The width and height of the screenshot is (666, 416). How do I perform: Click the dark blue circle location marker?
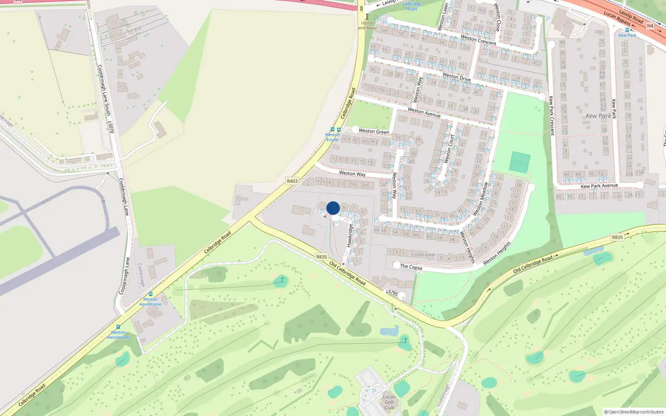333,208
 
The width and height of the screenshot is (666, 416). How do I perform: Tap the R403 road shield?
292,181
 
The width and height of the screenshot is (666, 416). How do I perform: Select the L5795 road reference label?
392,293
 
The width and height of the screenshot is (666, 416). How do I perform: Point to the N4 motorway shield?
650,26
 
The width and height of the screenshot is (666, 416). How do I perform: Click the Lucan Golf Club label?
389,402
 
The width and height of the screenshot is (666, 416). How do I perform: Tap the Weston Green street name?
374,131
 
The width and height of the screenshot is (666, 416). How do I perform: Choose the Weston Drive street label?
456,77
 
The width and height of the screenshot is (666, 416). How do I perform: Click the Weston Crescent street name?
478,40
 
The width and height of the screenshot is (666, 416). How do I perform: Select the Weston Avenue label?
424,112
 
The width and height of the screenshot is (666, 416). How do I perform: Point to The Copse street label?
411,267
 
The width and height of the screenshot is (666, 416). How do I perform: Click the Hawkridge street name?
350,235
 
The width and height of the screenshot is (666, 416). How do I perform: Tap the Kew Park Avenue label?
599,186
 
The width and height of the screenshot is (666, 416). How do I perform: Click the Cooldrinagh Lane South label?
104,90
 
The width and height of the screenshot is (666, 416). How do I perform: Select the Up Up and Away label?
367,25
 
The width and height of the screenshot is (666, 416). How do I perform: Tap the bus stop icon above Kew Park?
627,30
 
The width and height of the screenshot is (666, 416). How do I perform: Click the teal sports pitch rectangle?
520,162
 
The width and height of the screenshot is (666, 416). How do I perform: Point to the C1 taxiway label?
45,202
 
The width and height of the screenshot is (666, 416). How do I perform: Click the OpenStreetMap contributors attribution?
634,412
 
